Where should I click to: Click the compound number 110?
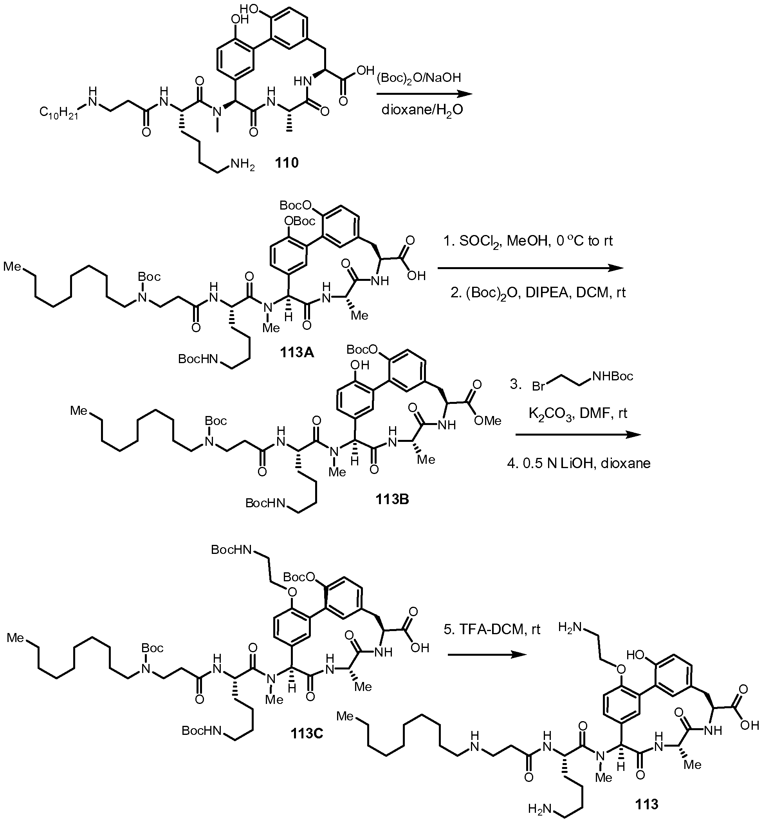(x=287, y=163)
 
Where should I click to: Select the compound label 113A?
(x=297, y=352)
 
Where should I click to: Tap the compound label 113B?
(x=392, y=499)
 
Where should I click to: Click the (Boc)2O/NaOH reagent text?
(x=418, y=78)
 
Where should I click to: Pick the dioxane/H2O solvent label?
(x=422, y=110)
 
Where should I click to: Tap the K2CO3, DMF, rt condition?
(x=578, y=413)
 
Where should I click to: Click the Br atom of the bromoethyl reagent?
(x=538, y=387)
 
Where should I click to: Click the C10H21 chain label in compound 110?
(x=59, y=112)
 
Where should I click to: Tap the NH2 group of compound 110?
(x=242, y=165)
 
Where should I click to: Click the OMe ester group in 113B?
(x=488, y=421)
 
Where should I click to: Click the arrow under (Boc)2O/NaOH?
(x=424, y=94)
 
